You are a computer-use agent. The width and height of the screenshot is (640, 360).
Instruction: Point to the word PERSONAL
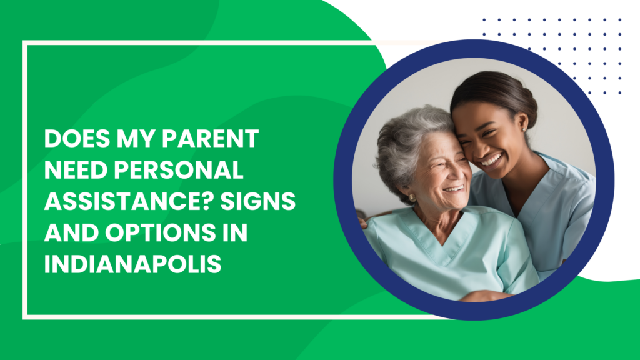click(179, 170)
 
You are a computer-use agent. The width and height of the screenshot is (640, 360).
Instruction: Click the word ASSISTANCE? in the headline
click(129, 201)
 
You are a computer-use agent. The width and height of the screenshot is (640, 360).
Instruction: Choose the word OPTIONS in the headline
click(160, 232)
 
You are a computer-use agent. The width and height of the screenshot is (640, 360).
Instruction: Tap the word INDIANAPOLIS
click(132, 264)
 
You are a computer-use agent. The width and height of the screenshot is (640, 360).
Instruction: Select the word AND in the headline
click(71, 232)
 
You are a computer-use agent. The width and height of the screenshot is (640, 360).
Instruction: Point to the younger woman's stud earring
click(524, 130)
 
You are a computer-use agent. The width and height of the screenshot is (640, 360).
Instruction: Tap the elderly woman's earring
click(412, 198)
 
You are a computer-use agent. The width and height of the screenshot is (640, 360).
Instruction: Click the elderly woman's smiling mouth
click(454, 189)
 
